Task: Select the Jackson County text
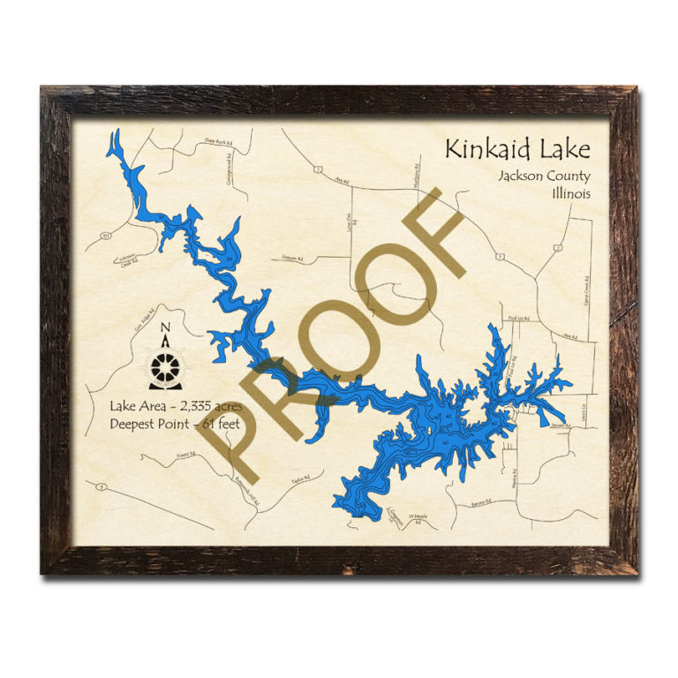(x=543, y=176)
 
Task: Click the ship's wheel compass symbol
(x=166, y=370)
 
